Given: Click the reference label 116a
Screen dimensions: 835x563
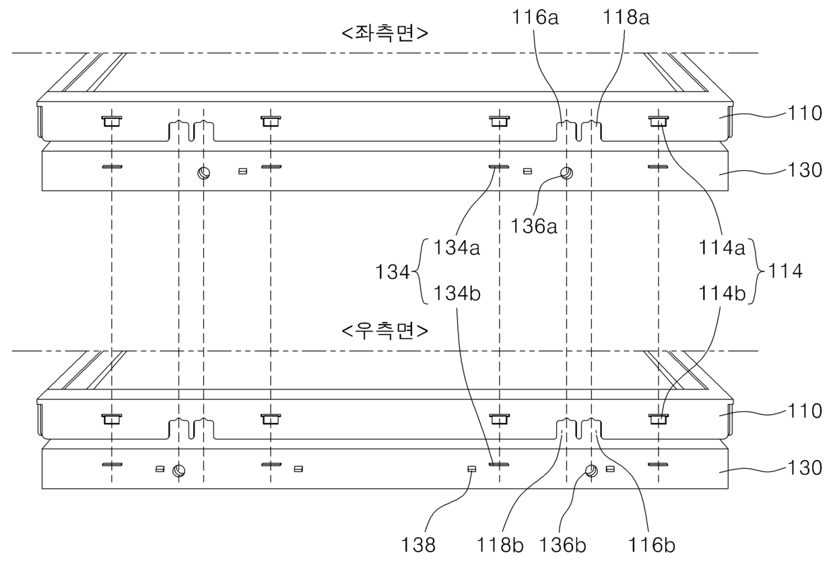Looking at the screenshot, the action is point(535,18).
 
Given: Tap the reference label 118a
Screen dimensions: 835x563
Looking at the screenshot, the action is point(626,18).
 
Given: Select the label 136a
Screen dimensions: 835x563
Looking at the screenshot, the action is point(534,226).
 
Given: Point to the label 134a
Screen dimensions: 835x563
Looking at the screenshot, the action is point(457,248).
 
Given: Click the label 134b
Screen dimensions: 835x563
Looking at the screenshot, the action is point(457,293).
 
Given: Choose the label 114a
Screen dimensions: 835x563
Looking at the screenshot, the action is point(722,248).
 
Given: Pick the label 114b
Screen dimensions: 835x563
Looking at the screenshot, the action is point(722,293).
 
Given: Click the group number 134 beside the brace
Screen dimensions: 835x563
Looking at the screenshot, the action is point(392,272).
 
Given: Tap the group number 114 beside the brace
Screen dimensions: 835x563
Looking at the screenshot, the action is point(785,271).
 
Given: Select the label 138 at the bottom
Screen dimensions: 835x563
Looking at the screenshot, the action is point(418,546).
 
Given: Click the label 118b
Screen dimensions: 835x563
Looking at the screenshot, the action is point(500,546).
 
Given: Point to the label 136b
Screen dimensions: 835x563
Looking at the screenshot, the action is point(562,546).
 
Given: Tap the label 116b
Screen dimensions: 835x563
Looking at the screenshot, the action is point(652,546).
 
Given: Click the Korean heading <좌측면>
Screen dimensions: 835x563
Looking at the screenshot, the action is point(385,33).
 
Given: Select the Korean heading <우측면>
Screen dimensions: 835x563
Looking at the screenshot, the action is point(385,331).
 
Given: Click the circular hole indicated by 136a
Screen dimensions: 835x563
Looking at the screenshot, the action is point(566,173).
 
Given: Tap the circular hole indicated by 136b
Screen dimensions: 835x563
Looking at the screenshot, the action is point(591,471).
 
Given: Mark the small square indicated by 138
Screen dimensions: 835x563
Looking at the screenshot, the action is point(472,470).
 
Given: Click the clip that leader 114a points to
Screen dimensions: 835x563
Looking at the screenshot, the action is point(659,121).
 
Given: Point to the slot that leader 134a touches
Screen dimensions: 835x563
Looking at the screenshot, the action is point(499,167).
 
